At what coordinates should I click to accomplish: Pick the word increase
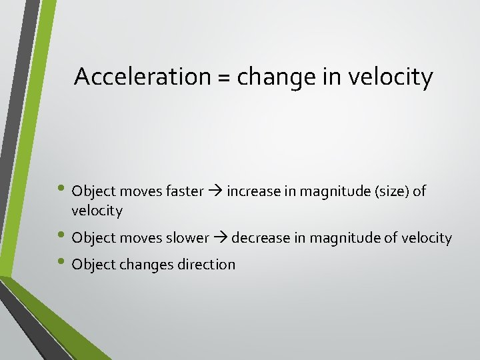pyautogui.click(x=254, y=191)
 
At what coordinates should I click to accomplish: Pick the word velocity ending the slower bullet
pyautogui.click(x=427, y=238)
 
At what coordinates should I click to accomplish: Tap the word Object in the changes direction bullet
pyautogui.click(x=93, y=265)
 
